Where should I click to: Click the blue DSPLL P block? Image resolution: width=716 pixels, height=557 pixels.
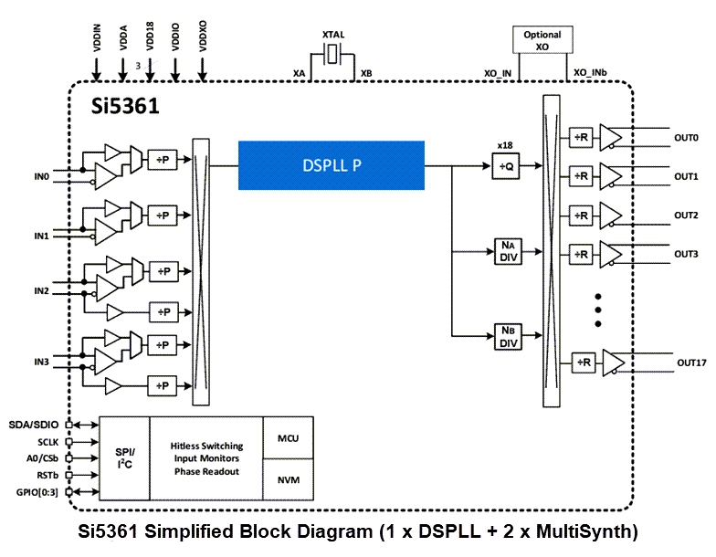pyautogui.click(x=331, y=165)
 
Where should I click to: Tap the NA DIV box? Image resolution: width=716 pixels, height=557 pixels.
pyautogui.click(x=508, y=250)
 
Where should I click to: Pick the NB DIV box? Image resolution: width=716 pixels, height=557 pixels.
pyautogui.click(x=508, y=336)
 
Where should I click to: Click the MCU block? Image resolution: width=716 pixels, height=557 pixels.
pyautogui.click(x=288, y=438)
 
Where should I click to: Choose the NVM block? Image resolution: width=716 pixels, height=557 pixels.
pyautogui.click(x=288, y=480)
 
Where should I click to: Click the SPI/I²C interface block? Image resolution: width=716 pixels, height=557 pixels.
pyautogui.click(x=123, y=458)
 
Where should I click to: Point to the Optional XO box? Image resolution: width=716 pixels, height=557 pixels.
pyautogui.click(x=542, y=40)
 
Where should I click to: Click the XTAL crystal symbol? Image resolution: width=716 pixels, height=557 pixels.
pyautogui.click(x=332, y=57)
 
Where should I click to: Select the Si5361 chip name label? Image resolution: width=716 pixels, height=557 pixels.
pyautogui.click(x=125, y=106)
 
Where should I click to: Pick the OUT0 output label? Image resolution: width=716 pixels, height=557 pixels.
pyautogui.click(x=686, y=138)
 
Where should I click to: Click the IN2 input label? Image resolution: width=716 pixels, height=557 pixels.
pyautogui.click(x=41, y=290)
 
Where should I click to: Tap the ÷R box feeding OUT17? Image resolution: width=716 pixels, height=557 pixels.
pyautogui.click(x=584, y=363)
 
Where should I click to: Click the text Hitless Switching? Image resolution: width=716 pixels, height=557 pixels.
pyautogui.click(x=206, y=446)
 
